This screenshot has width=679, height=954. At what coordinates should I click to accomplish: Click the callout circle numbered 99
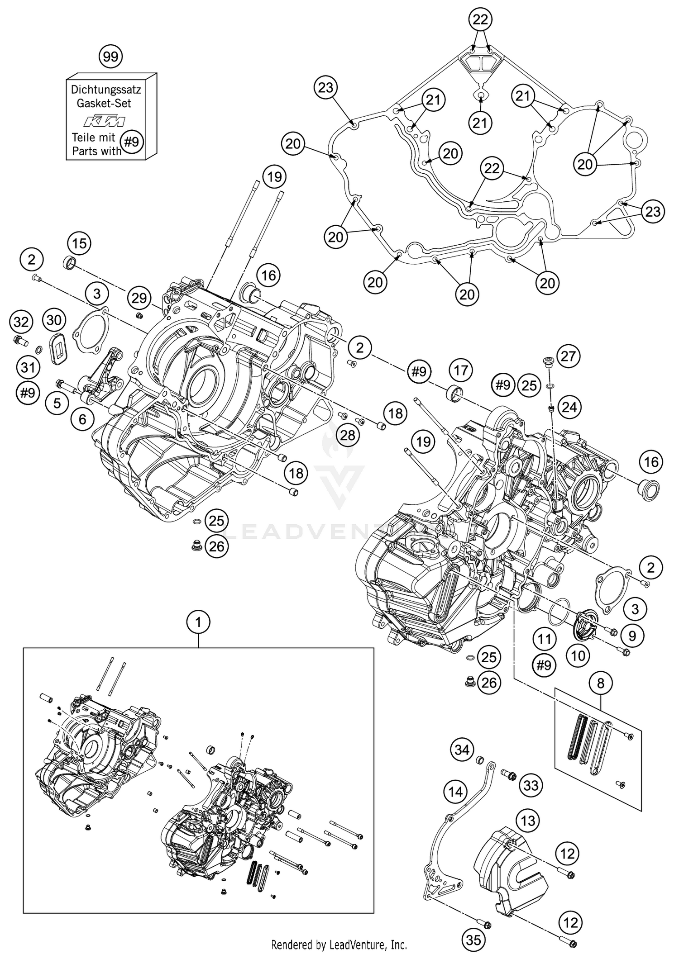pyautogui.click(x=110, y=57)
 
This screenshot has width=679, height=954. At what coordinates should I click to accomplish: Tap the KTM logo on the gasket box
pyautogui.click(x=105, y=121)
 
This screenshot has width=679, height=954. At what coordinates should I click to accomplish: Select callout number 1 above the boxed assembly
pyautogui.click(x=198, y=623)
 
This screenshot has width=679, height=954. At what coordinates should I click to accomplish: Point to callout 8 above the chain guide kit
pyautogui.click(x=601, y=683)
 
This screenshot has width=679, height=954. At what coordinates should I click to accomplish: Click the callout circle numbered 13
pyautogui.click(x=528, y=821)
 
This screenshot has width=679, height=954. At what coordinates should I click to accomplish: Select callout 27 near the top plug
pyautogui.click(x=568, y=356)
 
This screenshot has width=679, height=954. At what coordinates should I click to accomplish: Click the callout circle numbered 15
pyautogui.click(x=79, y=244)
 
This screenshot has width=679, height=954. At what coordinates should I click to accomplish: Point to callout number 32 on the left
pyautogui.click(x=21, y=323)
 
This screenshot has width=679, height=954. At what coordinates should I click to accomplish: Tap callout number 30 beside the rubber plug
pyautogui.click(x=54, y=320)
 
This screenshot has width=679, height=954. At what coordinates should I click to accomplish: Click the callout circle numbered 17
pyautogui.click(x=460, y=371)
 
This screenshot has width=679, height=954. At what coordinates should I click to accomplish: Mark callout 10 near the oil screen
pyautogui.click(x=578, y=655)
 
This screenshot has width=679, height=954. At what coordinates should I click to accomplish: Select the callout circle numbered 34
pyautogui.click(x=462, y=750)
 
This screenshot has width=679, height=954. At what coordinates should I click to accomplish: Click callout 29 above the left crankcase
pyautogui.click(x=139, y=298)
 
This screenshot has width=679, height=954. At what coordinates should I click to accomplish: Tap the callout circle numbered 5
pyautogui.click(x=57, y=403)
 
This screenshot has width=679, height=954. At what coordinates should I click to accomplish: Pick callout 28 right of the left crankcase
pyautogui.click(x=348, y=435)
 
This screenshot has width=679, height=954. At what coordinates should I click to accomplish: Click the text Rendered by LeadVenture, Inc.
pyautogui.click(x=339, y=945)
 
